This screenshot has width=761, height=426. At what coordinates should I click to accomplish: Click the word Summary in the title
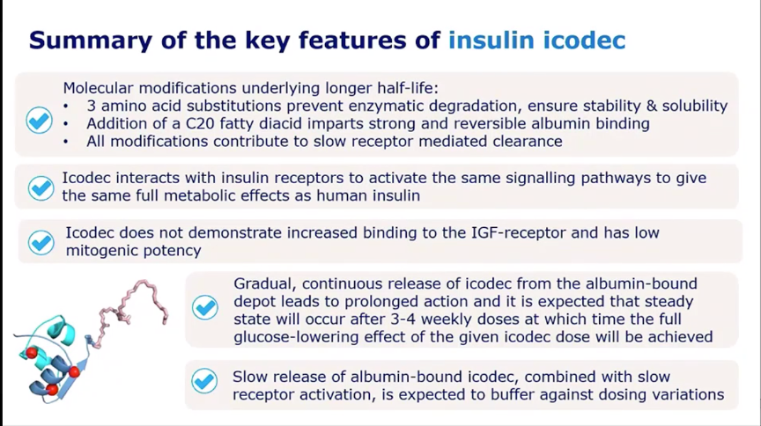pos(90,40)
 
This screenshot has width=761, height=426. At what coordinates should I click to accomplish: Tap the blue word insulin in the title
pos(491,40)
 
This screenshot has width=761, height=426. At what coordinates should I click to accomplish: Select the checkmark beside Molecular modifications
pos(40,121)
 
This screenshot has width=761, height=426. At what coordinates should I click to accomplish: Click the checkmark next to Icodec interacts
pos(41,188)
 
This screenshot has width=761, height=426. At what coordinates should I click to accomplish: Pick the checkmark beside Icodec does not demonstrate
pos(41,242)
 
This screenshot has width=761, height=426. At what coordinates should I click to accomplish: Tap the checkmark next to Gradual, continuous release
pos(205,307)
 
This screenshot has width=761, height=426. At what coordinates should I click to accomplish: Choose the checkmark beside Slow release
pos(204,381)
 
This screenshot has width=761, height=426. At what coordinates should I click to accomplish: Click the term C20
pos(200,123)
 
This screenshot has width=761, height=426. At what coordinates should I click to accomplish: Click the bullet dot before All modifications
pos(66,142)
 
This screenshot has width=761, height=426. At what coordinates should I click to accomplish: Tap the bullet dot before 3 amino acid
pos(66,106)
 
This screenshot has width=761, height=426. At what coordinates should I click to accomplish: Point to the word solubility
pos(695,106)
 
